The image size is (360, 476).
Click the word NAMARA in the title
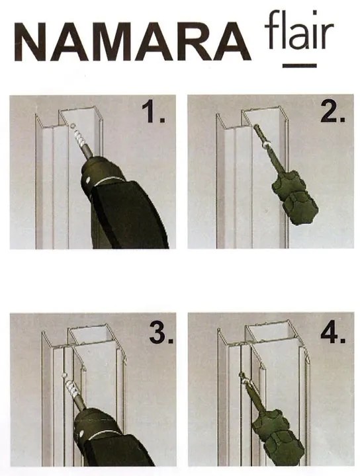click(x=133, y=41)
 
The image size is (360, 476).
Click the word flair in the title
click(x=299, y=30)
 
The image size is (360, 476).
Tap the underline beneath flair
click(x=300, y=65)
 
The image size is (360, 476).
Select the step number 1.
click(x=154, y=112)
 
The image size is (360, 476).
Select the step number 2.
click(x=333, y=113)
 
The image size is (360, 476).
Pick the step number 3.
click(x=161, y=333)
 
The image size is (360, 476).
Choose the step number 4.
click(x=334, y=333)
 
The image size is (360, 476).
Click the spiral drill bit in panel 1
click(x=79, y=138)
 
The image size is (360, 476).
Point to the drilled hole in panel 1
click(x=72, y=126)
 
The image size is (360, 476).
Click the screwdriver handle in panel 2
click(x=293, y=196)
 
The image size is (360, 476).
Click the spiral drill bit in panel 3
click(x=71, y=390)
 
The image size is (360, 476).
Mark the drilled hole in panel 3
click(x=64, y=376)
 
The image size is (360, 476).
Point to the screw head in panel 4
click(x=244, y=376)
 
